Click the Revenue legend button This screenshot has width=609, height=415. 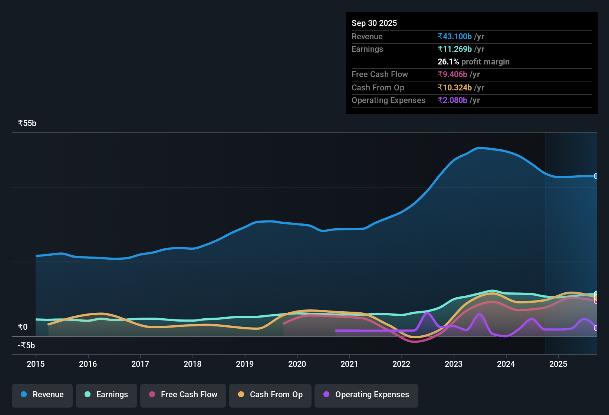pyautogui.click(x=42, y=395)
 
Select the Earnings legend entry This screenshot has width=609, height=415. pyautogui.click(x=106, y=395)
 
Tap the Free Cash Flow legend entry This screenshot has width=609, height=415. pyautogui.click(x=183, y=395)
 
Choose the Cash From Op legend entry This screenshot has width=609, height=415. pyautogui.click(x=270, y=395)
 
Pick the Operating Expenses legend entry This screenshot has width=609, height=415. pyautogui.click(x=366, y=395)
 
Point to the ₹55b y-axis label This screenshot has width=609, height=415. pyautogui.click(x=27, y=123)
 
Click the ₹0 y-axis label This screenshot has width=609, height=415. pyautogui.click(x=23, y=327)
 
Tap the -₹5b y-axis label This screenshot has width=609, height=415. pyautogui.click(x=26, y=345)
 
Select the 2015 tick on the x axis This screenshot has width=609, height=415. pyautogui.click(x=36, y=364)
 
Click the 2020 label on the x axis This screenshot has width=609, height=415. pyautogui.click(x=297, y=364)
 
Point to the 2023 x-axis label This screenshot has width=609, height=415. pyautogui.click(x=454, y=364)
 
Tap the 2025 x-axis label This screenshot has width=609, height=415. pyautogui.click(x=558, y=364)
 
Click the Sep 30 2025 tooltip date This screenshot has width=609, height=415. pyautogui.click(x=374, y=23)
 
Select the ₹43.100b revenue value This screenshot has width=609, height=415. pyautogui.click(x=455, y=36)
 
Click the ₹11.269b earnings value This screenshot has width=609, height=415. pyautogui.click(x=455, y=49)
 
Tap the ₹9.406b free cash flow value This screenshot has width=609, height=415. pyautogui.click(x=452, y=74)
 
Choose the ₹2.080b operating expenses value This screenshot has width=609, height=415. pyautogui.click(x=452, y=100)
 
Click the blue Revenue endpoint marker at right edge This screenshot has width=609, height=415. pyautogui.click(x=596, y=176)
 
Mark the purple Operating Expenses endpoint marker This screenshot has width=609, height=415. pyautogui.click(x=596, y=328)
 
